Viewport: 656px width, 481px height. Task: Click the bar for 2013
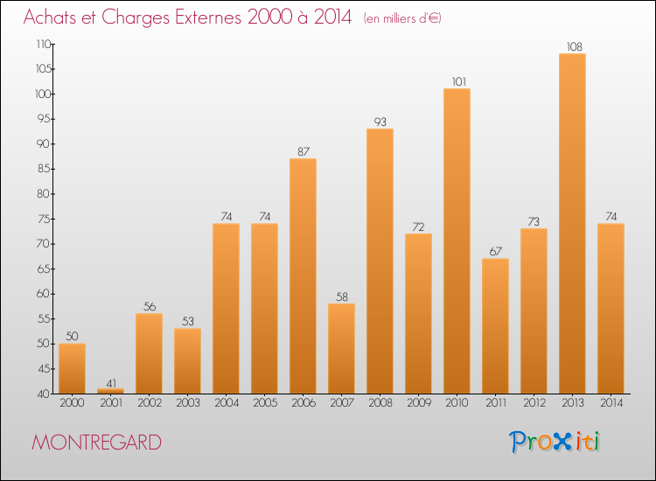572,223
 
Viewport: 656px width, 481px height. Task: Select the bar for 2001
110,391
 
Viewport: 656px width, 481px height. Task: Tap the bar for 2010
457,240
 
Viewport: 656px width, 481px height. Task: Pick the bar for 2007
341,348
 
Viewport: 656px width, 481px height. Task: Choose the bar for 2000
72,368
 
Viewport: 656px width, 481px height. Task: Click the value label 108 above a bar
574,47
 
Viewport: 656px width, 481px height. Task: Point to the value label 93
380,122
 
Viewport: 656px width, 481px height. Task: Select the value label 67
495,251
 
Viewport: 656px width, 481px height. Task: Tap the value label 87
304,152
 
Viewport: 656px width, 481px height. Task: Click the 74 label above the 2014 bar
611,217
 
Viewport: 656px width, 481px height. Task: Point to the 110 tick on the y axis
43,45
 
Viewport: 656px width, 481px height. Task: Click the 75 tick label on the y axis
43,220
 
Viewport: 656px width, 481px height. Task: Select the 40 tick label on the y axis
43,394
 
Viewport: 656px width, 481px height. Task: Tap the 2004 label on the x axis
227,403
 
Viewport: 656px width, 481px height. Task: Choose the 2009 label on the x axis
419,403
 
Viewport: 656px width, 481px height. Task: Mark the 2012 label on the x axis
534,403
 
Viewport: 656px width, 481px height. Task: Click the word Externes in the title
208,17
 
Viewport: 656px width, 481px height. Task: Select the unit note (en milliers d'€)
402,18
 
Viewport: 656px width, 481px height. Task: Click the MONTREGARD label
96,443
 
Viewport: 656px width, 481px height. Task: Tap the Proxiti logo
555,442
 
